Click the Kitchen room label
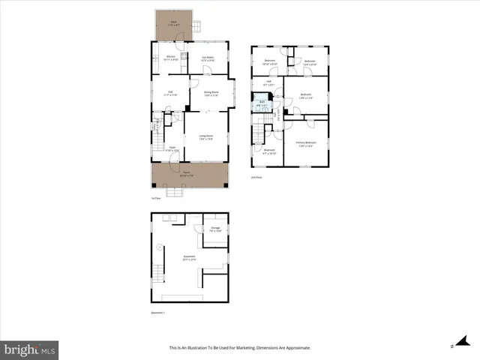point(170,58)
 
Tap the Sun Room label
point(208,58)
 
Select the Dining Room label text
point(211,94)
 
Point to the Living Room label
point(205,136)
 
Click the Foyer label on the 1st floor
point(172,148)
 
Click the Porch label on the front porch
point(186,174)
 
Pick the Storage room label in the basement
point(215,229)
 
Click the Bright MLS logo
point(30,349)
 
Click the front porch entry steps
point(174,193)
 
